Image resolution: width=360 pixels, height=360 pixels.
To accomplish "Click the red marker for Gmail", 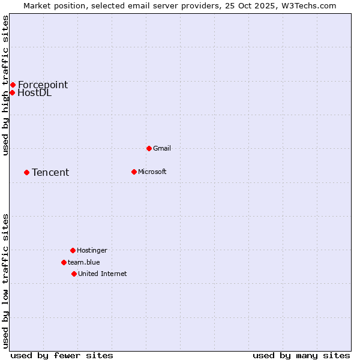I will click(149, 148).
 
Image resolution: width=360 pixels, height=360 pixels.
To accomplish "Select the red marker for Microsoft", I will click(134, 172).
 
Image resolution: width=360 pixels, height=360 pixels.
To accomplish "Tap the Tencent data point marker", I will click(26, 172).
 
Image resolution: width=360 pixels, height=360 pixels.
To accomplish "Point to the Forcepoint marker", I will click(13, 85).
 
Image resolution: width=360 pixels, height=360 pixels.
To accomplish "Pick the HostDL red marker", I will click(12, 92).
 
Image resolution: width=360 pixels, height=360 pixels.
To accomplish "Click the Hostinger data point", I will click(73, 250).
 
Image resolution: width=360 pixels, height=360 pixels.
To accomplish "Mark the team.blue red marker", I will click(64, 262).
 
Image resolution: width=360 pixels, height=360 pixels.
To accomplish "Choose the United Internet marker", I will click(74, 274).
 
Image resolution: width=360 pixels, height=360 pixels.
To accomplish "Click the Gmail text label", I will click(162, 148).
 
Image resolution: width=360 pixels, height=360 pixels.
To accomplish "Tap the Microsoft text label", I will click(152, 172).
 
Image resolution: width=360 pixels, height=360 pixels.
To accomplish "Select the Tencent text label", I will click(50, 173).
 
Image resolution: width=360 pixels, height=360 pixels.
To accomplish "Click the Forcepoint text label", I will click(43, 85).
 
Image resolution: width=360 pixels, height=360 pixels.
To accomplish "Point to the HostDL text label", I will click(35, 93).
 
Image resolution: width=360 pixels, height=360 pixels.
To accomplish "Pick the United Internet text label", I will click(103, 274).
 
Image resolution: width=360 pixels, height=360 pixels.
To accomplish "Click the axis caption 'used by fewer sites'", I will click(62, 355).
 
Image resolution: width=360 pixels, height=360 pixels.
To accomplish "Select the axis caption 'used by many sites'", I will click(301, 355).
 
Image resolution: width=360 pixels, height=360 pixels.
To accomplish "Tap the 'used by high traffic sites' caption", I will click(6, 85).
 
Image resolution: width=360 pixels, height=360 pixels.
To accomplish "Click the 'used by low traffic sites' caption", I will click(6, 280).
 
